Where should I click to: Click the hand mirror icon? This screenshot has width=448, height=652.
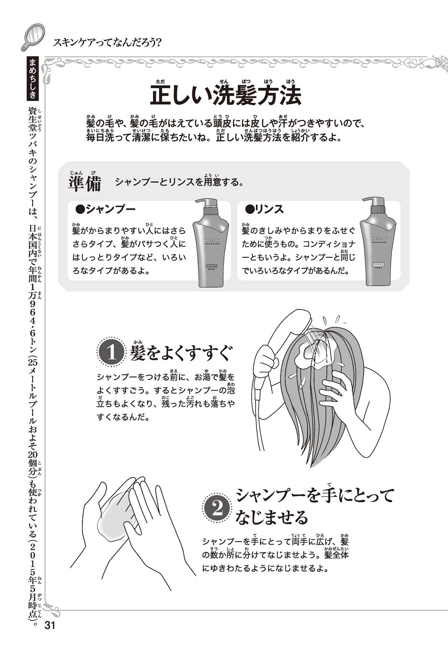[32, 37]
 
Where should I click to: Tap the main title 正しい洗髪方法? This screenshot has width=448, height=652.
[226, 95]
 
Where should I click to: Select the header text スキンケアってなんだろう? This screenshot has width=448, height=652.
[107, 43]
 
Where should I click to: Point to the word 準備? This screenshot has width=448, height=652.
[85, 184]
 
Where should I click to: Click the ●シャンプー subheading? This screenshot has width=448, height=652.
[106, 209]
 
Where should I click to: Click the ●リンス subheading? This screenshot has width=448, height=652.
[265, 209]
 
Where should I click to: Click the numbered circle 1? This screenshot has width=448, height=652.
[111, 353]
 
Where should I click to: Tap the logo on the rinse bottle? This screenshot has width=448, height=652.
[378, 239]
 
